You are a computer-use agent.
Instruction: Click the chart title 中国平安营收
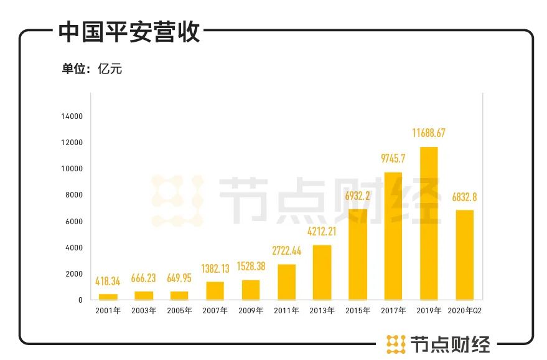(129, 32)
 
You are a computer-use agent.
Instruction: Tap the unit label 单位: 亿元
(91, 69)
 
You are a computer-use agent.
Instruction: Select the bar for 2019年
(429, 223)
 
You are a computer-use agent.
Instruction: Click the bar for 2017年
(393, 235)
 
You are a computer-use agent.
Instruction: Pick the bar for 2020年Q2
(464, 255)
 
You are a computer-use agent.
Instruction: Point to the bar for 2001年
(108, 296)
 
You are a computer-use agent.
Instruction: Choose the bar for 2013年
(322, 272)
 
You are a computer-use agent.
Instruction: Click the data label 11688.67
(429, 133)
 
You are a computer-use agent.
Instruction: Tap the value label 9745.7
(393, 158)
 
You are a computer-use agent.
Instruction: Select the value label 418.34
(108, 282)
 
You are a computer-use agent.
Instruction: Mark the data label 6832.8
(464, 197)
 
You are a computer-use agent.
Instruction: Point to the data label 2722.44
(286, 251)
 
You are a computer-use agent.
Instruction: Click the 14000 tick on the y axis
(72, 116)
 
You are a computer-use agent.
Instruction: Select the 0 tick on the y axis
(80, 300)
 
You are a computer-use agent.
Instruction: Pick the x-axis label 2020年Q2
(464, 310)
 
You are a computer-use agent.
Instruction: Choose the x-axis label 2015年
(357, 310)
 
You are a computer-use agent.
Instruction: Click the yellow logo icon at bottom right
(396, 344)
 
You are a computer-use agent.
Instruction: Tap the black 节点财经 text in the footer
(450, 344)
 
